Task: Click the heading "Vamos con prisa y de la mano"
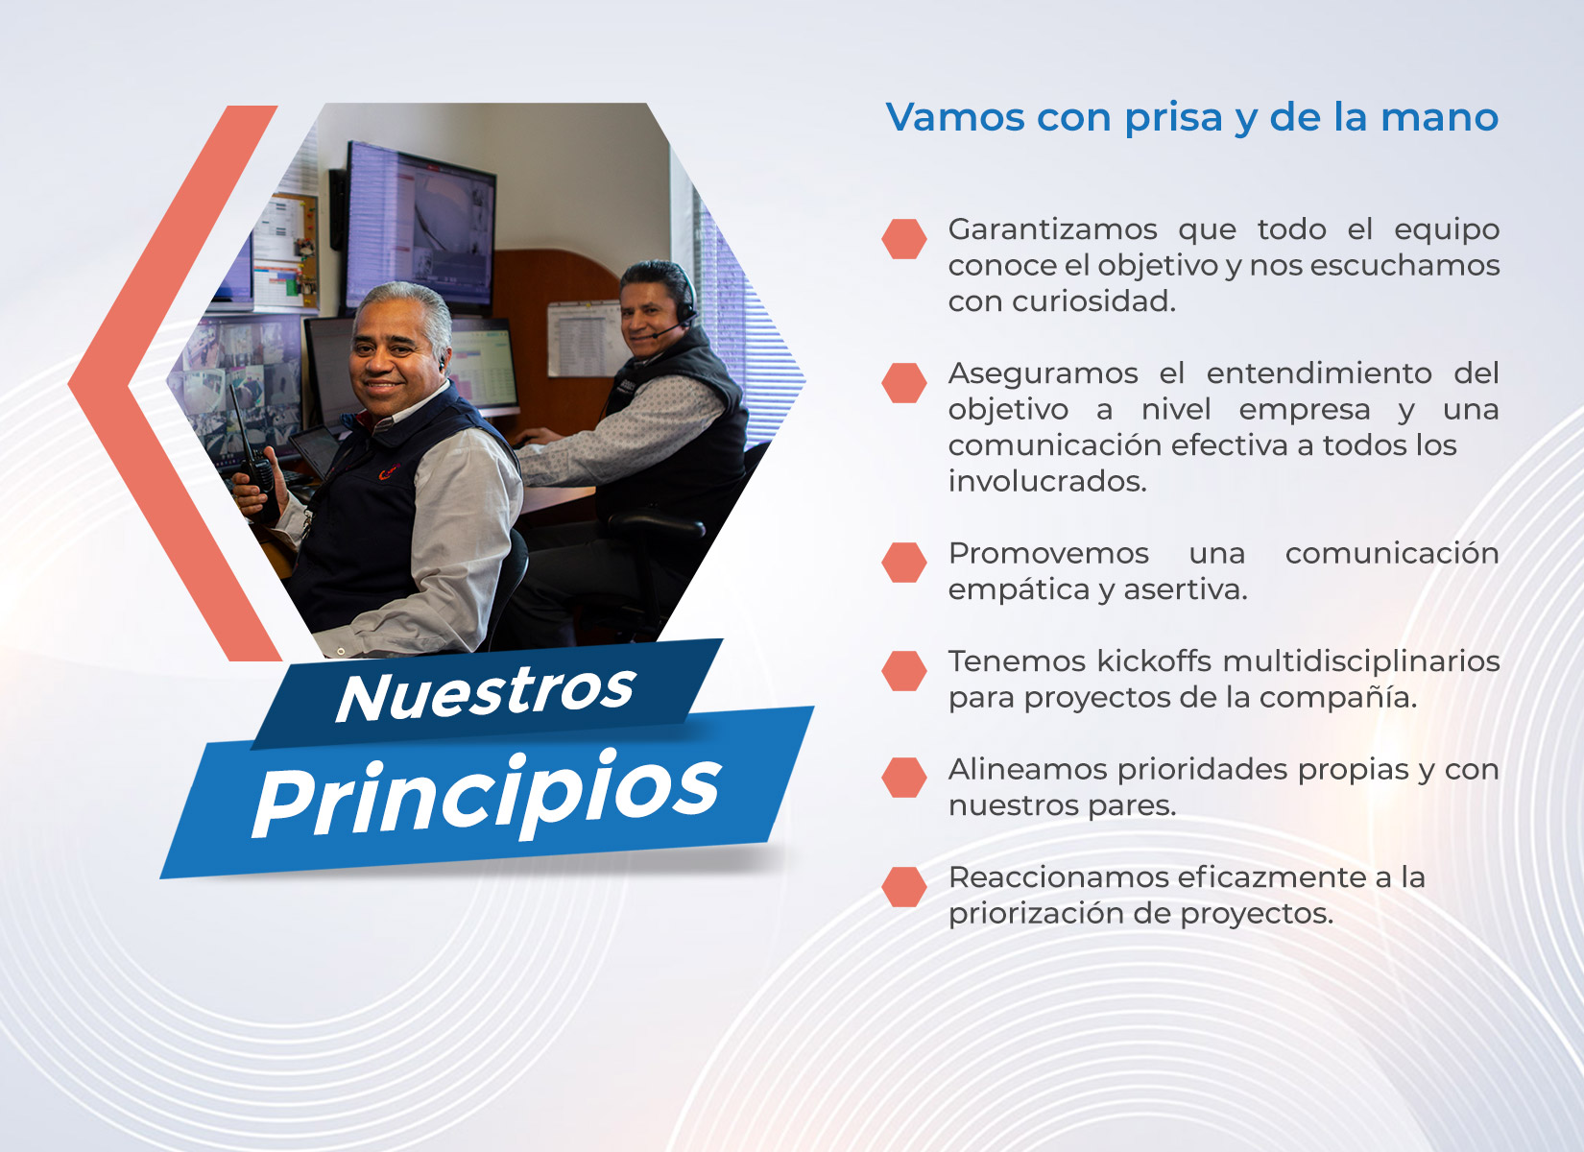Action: tap(1191, 117)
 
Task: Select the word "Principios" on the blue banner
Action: tap(487, 794)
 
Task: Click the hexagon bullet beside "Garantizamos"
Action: tap(903, 239)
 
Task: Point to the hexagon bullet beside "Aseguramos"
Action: tap(903, 383)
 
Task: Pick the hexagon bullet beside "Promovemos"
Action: tap(903, 563)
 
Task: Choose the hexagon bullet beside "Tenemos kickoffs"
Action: tap(903, 671)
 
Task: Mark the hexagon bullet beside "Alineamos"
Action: tap(903, 778)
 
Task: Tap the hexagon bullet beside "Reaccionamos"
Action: tap(903, 887)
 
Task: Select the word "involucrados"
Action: tap(1047, 482)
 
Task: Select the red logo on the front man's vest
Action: tap(388, 471)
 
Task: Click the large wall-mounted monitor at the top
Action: tap(420, 228)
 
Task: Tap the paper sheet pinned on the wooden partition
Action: tap(584, 339)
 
